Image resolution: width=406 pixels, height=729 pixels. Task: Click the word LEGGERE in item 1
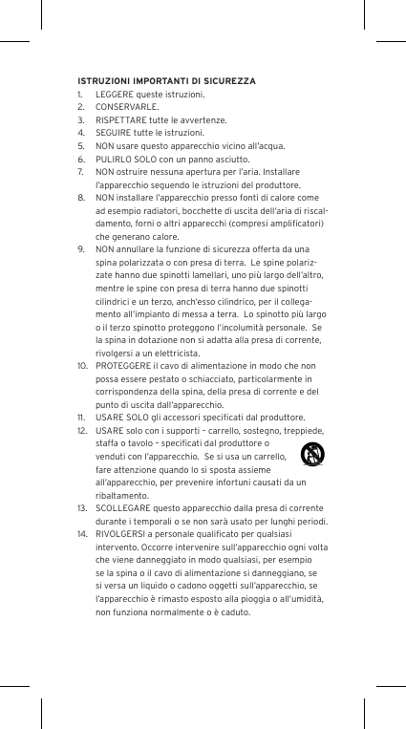point(113,96)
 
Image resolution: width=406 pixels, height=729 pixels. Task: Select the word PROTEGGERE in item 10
point(122,366)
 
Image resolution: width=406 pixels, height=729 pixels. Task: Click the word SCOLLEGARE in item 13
point(122,508)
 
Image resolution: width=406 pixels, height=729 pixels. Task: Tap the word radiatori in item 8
point(156,211)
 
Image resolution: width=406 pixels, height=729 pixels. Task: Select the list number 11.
point(82,418)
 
